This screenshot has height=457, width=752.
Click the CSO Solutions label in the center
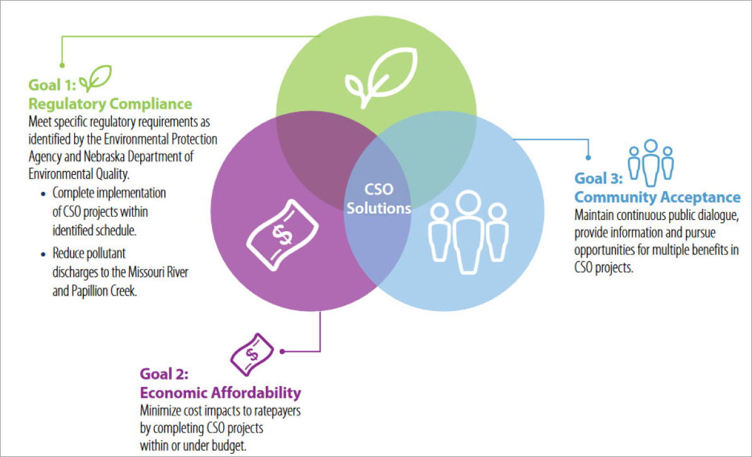tap(379, 199)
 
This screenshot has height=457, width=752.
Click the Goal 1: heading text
tap(51, 85)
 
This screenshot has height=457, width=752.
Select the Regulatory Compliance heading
tap(111, 102)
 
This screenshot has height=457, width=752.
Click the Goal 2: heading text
tap(164, 375)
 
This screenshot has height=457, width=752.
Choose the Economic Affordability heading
tap(220, 393)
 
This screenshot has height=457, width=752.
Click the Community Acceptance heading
tap(658, 197)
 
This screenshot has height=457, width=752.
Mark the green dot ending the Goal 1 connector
tap(62, 64)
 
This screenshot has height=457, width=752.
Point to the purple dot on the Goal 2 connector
tap(282, 351)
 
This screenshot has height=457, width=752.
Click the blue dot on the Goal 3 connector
tap(589, 158)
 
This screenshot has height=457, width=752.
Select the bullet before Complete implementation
tap(43, 194)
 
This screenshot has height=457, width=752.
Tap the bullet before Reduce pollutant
tap(43, 255)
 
